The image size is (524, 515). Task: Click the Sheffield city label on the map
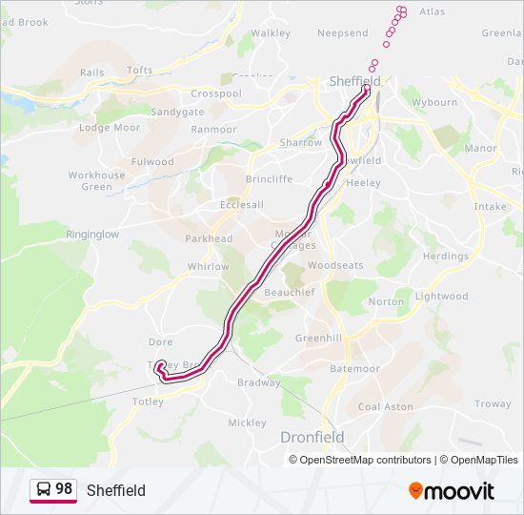(x=354, y=82)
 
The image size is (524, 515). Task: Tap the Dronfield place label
(x=312, y=437)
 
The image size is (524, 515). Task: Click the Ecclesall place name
(x=241, y=204)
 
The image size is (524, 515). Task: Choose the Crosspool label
(x=216, y=93)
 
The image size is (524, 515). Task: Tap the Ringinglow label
(x=92, y=234)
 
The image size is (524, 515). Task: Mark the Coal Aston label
(x=386, y=406)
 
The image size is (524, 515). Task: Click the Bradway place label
(x=258, y=383)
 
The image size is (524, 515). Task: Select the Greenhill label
(x=318, y=338)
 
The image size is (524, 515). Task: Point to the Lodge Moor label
(x=110, y=128)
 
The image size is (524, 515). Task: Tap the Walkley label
(x=271, y=33)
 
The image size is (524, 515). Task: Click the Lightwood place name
(x=441, y=297)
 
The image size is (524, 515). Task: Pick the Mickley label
(x=247, y=422)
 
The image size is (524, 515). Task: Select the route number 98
(x=64, y=489)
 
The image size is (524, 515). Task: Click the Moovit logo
(x=452, y=490)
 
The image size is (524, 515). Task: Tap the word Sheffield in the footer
(x=116, y=490)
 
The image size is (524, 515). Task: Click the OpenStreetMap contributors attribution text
(x=366, y=460)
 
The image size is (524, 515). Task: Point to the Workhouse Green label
(x=96, y=181)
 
